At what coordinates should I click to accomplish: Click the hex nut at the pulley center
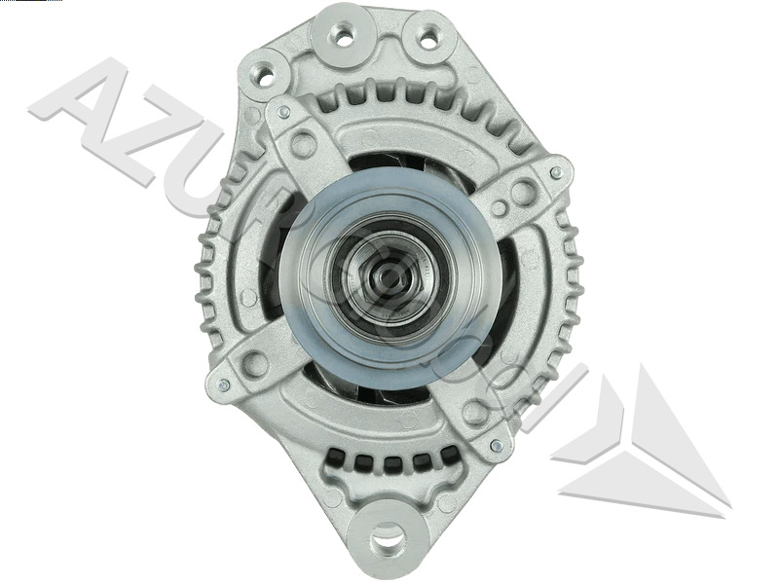[389, 277]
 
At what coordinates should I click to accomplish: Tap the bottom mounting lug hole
[389, 533]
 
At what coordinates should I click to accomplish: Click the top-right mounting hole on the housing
[427, 38]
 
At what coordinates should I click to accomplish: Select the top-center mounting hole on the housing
[342, 36]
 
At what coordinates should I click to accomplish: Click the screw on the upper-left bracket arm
[283, 112]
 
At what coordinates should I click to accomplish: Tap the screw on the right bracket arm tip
[556, 173]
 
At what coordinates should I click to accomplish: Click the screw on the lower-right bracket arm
[497, 445]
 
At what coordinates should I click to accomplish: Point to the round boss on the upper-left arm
[303, 145]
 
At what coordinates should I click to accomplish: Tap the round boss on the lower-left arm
[255, 365]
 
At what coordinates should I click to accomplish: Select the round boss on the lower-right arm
[475, 412]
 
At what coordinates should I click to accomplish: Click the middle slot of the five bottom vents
[389, 459]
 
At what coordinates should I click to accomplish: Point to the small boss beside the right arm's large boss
[499, 207]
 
